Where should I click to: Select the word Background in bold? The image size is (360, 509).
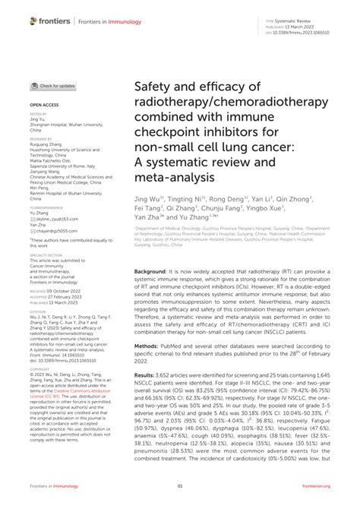tap(151, 270)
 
